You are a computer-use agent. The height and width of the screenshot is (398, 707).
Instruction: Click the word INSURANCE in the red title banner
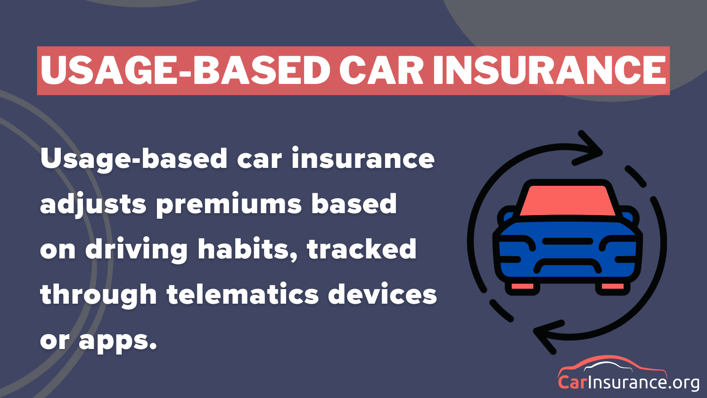tap(549, 70)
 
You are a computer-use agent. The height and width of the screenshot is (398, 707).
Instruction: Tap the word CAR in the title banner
tap(381, 70)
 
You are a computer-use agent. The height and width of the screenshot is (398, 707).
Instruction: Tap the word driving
tap(136, 250)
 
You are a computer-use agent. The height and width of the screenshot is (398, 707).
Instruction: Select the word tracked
tap(362, 249)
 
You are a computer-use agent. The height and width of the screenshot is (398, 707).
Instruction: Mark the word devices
tap(382, 295)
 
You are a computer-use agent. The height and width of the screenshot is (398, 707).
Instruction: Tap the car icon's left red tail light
tap(522, 286)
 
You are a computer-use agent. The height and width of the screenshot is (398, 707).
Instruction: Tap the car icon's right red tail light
tap(613, 286)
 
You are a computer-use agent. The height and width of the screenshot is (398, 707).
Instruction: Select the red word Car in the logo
tap(572, 381)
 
